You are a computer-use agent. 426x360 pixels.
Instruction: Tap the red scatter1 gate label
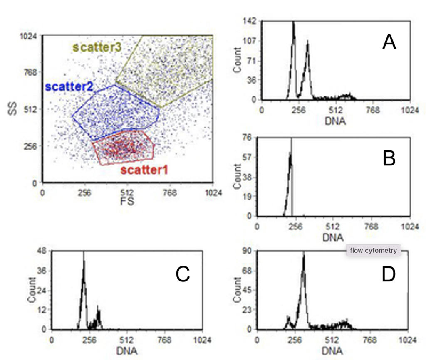tap(144, 170)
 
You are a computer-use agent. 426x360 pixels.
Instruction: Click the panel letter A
tap(389, 42)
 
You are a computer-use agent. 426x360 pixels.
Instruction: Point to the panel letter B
tap(389, 158)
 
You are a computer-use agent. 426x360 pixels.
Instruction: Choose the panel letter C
tap(183, 274)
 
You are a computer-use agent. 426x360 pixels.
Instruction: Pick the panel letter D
tap(389, 274)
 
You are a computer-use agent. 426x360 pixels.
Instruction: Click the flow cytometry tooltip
tap(373, 250)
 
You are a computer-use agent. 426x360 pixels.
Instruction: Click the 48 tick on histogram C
tap(43, 251)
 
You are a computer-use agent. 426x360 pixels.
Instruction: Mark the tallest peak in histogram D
tap(304, 254)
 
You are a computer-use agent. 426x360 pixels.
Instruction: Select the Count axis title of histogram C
tap(32, 293)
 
